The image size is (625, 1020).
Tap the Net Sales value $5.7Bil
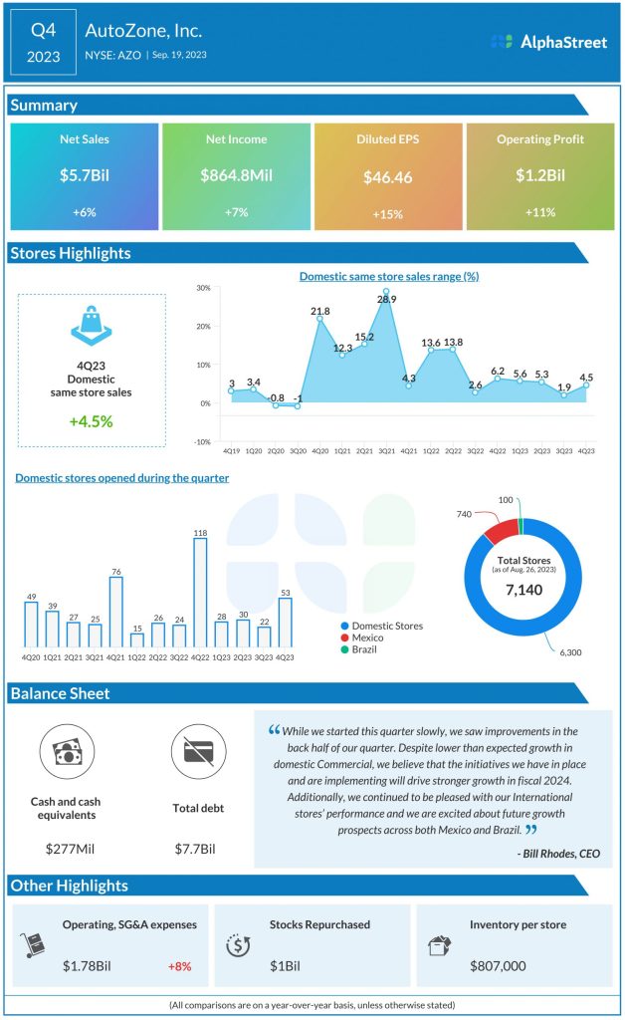84,176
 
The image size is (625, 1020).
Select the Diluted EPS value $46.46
388,177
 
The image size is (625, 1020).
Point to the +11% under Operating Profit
539,213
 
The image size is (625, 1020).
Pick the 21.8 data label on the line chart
320,312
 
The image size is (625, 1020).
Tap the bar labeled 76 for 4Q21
115,612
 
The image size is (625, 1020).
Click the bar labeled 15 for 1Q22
137,639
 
